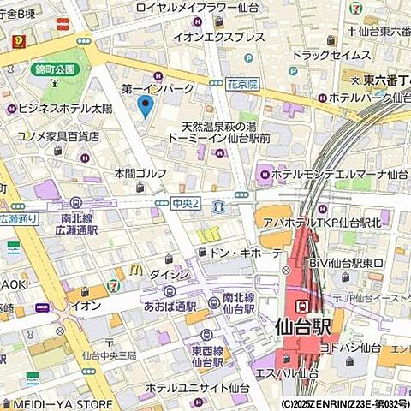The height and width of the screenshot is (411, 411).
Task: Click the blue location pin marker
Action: coord(145,106)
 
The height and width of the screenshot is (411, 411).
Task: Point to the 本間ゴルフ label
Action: coord(141,173)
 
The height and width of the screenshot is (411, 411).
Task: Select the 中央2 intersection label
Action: coord(185,203)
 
